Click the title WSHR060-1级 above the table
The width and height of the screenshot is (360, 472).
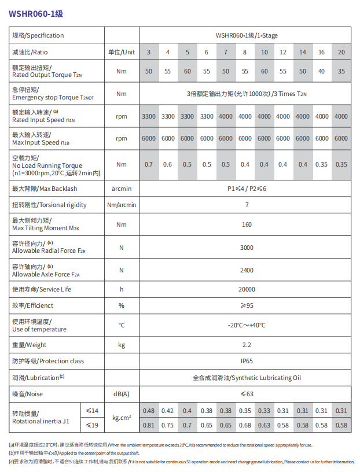[32, 10]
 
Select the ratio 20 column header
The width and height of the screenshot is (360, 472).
[341, 52]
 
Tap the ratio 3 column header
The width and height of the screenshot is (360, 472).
[149, 52]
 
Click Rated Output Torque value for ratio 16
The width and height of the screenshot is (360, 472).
[321, 71]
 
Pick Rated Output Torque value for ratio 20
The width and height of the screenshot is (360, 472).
[341, 71]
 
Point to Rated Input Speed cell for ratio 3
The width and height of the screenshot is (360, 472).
[149, 116]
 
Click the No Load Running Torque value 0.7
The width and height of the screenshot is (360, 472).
[149, 164]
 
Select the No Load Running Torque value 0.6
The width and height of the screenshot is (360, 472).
[168, 164]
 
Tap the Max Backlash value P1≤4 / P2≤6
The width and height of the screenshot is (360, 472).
[246, 189]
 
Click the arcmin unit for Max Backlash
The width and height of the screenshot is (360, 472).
[122, 189]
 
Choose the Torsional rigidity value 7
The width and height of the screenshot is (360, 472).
[247, 205]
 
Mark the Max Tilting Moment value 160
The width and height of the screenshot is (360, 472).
[247, 224]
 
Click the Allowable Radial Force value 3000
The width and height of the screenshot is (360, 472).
[247, 248]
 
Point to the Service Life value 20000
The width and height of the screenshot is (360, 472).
[247, 289]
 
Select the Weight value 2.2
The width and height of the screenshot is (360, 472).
[247, 345]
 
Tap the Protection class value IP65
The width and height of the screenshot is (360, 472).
[247, 361]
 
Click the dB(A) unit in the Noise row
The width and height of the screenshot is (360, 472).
[122, 394]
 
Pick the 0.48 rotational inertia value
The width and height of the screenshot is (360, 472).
[149, 411]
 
